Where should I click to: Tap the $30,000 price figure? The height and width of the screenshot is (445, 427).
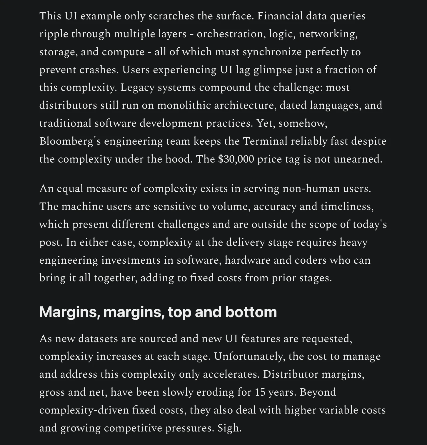click(x=236, y=159)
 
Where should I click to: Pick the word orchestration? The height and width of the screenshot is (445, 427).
click(x=230, y=34)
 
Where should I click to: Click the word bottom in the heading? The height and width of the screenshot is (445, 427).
click(x=251, y=312)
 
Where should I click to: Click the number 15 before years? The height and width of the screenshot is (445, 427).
click(x=260, y=392)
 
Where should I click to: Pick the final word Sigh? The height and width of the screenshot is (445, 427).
click(x=229, y=428)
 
